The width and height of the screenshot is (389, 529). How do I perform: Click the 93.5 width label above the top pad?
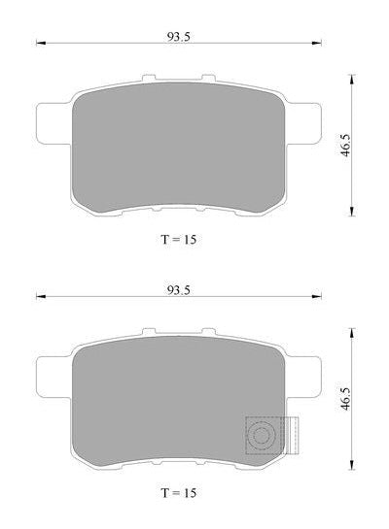click(x=178, y=37)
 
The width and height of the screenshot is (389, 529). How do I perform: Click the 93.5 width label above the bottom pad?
click(x=178, y=290)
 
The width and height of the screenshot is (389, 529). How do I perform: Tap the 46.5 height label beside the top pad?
click(x=345, y=145)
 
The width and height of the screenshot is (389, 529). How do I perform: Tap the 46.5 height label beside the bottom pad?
click(x=345, y=399)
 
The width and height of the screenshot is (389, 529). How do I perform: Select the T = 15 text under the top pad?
click(x=178, y=240)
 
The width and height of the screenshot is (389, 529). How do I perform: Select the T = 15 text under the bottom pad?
click(x=178, y=493)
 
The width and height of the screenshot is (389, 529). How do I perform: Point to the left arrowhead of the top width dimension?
click(x=41, y=43)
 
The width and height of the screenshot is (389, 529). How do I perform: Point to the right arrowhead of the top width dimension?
click(x=317, y=43)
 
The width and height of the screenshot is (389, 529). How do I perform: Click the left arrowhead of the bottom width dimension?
click(x=41, y=297)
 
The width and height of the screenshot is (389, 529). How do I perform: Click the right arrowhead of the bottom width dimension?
click(x=317, y=297)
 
